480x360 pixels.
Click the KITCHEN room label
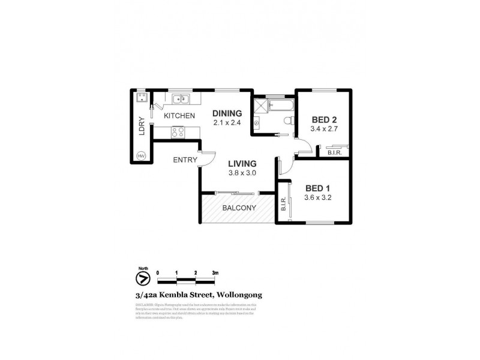point(179,116)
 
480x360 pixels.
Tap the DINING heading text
point(227,113)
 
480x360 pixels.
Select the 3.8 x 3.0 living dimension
point(242,173)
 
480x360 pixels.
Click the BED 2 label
point(323,119)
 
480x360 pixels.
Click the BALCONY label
point(239,208)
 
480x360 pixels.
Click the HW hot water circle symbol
point(142,156)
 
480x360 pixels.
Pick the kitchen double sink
point(179,98)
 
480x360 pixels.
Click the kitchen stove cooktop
point(178,131)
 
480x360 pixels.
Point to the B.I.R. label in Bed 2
point(335,154)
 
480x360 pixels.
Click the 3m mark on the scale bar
point(215,272)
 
